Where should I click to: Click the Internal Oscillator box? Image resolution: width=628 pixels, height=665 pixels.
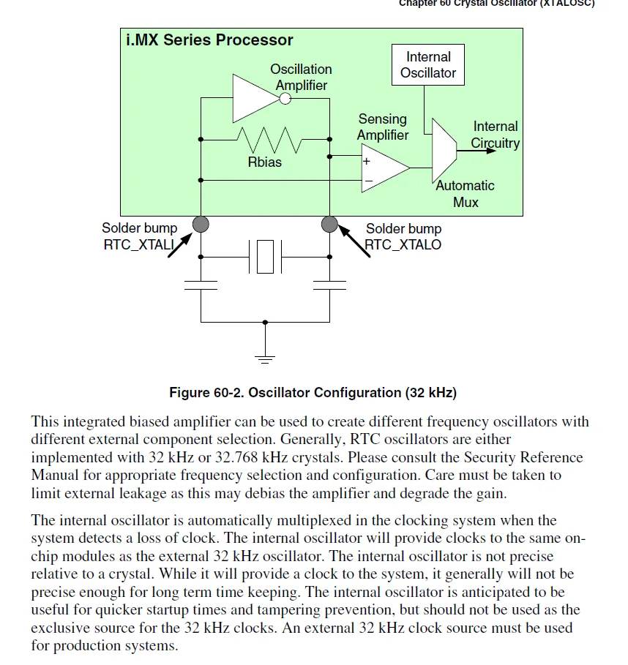(x=428, y=64)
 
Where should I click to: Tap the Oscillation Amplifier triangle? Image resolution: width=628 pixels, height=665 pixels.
(x=253, y=98)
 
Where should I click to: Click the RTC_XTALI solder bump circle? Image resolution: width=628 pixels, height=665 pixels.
(x=201, y=224)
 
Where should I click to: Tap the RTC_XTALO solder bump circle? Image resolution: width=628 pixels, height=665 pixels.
(x=329, y=224)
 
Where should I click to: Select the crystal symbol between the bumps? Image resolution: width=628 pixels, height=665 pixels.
(x=265, y=257)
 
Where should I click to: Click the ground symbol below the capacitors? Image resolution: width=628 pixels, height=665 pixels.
(x=265, y=358)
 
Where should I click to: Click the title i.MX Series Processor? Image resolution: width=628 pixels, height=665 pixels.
(x=209, y=40)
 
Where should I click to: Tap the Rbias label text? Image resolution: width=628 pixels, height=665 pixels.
(x=264, y=162)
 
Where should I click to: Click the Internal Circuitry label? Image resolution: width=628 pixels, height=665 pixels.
(x=495, y=135)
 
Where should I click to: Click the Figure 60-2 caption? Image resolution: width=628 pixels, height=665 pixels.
(x=313, y=393)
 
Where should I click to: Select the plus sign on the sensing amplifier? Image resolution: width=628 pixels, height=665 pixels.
(x=367, y=161)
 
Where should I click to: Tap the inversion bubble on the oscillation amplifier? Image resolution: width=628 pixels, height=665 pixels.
(x=285, y=98)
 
